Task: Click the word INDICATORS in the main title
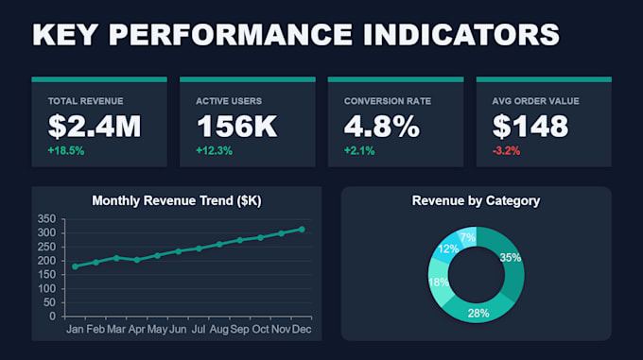[461, 34]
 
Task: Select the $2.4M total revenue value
[95, 127]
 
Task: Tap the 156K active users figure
[237, 127]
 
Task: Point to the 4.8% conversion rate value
[382, 127]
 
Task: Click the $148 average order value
[530, 127]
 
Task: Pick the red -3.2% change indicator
[506, 151]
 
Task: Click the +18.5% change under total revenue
[66, 151]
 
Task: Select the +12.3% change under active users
[214, 151]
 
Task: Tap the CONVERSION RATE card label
[388, 101]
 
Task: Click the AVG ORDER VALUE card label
[535, 101]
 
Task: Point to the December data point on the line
[302, 230]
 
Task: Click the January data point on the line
[75, 266]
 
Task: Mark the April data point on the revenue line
[137, 260]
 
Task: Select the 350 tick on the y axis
[46, 219]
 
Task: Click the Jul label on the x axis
[199, 329]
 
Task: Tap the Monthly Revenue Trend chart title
[176, 200]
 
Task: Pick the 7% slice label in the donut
[467, 237]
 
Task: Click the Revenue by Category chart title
[476, 200]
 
